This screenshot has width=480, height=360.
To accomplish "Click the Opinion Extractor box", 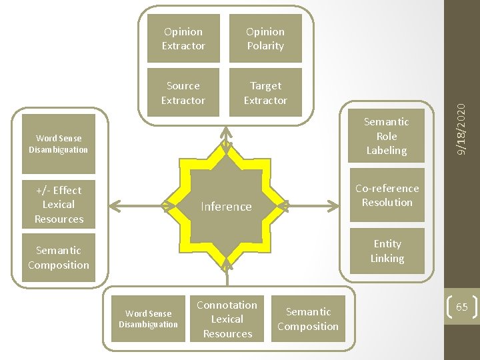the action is click(x=183, y=39).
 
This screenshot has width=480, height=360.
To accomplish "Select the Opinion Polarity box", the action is click(x=265, y=39).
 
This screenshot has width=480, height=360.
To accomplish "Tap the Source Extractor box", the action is click(x=183, y=93).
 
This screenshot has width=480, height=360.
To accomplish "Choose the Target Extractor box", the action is click(x=265, y=93).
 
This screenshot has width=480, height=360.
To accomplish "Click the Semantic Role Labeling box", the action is click(x=387, y=136).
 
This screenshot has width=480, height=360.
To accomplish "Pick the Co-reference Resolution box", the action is click(x=387, y=195).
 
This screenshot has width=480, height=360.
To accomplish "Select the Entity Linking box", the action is click(x=387, y=251).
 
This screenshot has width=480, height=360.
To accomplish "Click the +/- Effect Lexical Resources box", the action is click(x=59, y=205).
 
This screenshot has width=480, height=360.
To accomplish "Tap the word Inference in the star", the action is click(x=227, y=207).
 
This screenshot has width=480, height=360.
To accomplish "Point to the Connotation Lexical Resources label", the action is click(x=227, y=319).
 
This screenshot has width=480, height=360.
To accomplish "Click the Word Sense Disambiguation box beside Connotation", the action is click(x=148, y=319).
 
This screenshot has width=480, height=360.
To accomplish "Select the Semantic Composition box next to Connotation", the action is click(x=308, y=319).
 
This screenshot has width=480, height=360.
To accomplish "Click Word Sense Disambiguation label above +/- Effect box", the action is click(x=59, y=144).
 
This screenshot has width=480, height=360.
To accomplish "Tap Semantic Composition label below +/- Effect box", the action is click(x=59, y=258).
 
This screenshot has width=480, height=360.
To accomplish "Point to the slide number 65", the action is click(x=462, y=307).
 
